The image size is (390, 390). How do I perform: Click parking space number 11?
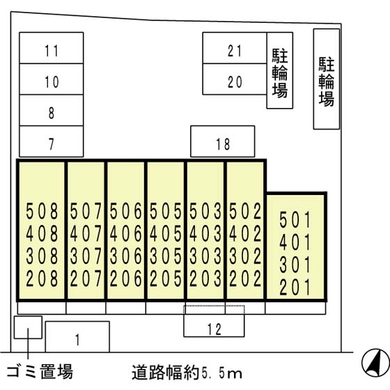(52, 48)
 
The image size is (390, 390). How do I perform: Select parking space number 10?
(52, 79)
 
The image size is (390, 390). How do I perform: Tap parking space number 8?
(52, 110)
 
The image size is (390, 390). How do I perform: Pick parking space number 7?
(52, 141)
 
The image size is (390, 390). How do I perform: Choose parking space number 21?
(235, 48)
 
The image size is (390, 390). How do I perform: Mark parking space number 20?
(235, 79)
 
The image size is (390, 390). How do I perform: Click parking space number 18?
(223, 141)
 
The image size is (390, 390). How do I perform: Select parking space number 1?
(77, 337)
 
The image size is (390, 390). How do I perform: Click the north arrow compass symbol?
(375, 363)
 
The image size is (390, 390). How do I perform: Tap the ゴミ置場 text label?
(40, 371)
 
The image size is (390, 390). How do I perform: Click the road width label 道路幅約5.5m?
(187, 373)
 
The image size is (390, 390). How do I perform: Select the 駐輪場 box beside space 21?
(279, 70)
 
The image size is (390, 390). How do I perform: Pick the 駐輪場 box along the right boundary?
(327, 79)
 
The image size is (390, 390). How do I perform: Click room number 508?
(42, 211)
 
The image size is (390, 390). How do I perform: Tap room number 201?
(295, 287)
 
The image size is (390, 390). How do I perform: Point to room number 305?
(166, 256)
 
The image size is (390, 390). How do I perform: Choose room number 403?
(205, 234)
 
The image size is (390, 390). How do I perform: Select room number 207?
(86, 279)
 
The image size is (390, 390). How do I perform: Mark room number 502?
(245, 211)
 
